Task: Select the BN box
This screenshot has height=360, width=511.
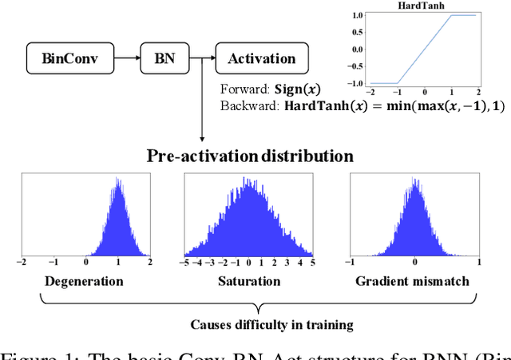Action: (164, 58)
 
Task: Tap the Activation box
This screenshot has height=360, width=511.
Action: (260, 58)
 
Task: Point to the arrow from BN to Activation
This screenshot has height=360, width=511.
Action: (202, 58)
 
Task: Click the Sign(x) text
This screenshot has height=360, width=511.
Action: (295, 89)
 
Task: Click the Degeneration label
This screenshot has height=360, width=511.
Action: (83, 281)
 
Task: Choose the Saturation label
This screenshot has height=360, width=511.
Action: (249, 281)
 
